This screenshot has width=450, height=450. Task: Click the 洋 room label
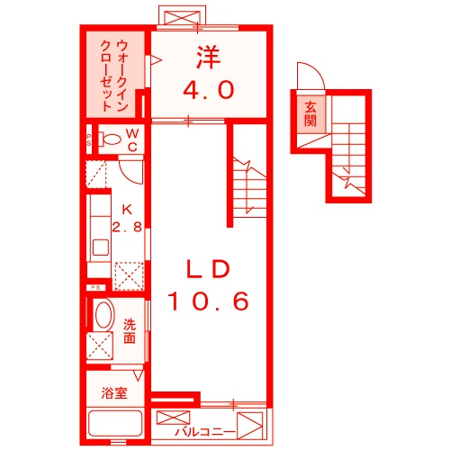209,57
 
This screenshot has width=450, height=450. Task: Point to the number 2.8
126,227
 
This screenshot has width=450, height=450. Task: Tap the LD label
209,267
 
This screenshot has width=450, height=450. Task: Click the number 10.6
208,301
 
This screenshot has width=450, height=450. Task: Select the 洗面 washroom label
130,331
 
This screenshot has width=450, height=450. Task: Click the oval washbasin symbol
103,316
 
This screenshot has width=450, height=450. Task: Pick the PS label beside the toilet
89,139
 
